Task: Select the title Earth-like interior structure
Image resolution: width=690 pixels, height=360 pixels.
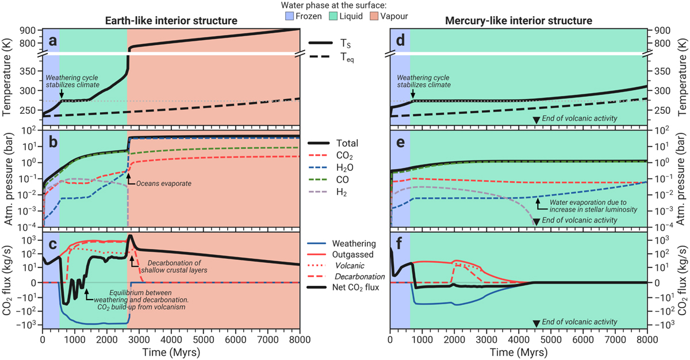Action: (171, 21)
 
